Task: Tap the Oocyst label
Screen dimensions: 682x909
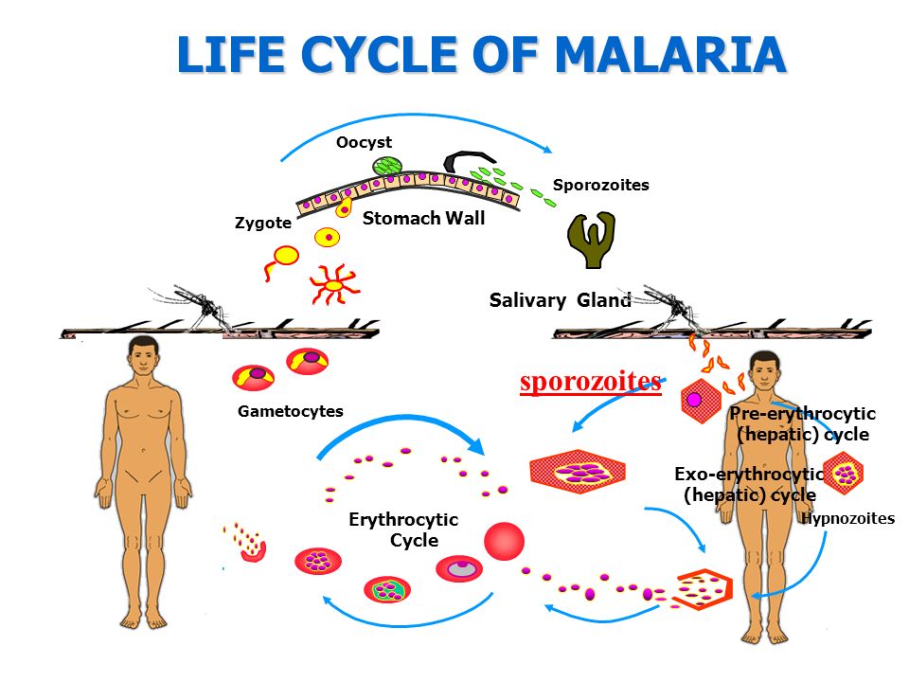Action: click(364, 143)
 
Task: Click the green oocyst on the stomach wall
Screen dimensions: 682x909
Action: click(385, 167)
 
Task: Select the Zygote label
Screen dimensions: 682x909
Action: click(263, 224)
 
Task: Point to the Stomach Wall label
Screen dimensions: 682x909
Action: click(424, 219)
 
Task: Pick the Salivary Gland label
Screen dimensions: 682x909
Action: click(560, 301)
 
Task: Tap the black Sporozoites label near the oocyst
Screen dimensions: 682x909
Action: click(601, 185)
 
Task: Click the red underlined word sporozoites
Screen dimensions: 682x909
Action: click(591, 381)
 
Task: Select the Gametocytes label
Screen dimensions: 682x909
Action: click(291, 411)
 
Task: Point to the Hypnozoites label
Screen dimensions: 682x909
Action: click(847, 518)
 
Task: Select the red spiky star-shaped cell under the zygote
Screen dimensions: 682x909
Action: click(332, 283)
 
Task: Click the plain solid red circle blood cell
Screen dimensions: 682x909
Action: click(504, 541)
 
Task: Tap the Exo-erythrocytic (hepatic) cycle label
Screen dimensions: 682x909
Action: click(749, 483)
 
